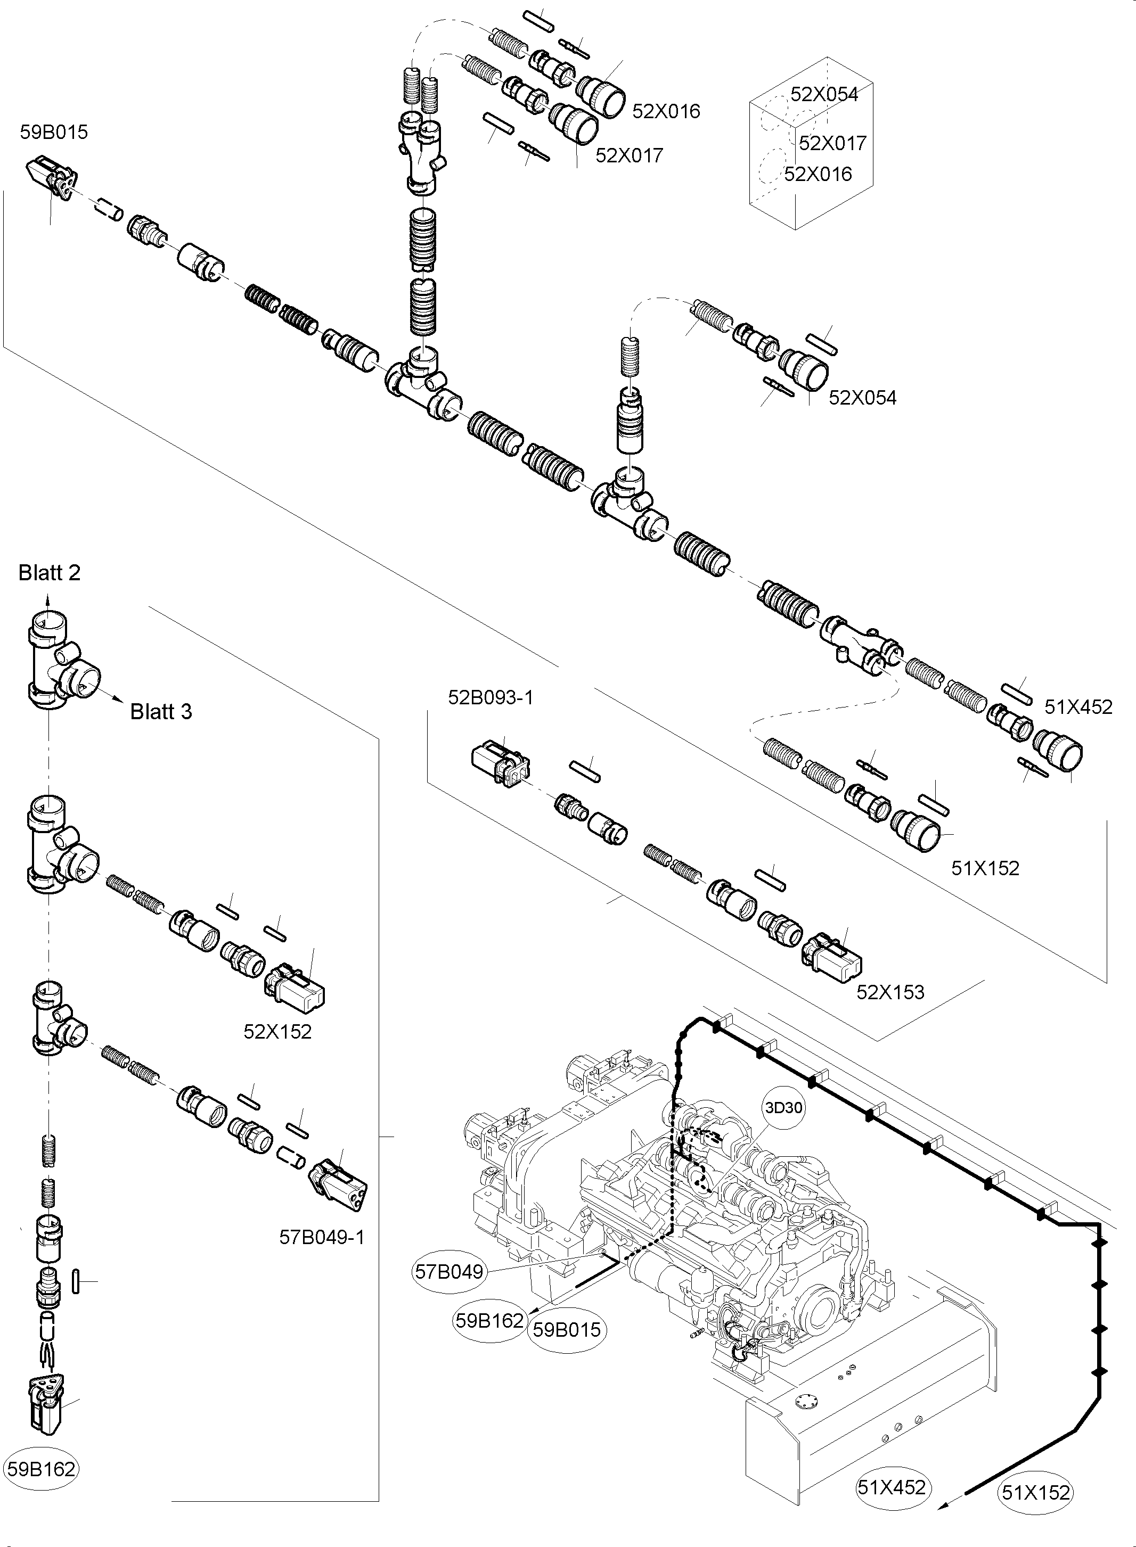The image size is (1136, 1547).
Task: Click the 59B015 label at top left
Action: tap(54, 132)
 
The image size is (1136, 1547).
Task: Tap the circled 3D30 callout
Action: tap(783, 1107)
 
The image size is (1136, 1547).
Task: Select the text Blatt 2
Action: tap(49, 572)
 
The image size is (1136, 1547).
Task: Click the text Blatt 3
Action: tap(161, 711)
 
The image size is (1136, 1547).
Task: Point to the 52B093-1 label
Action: tap(491, 697)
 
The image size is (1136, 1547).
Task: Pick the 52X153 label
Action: tap(890, 992)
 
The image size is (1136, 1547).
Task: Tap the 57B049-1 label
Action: tap(322, 1237)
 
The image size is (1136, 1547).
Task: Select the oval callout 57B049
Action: tap(448, 1271)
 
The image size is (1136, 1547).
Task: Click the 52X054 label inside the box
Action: tap(824, 95)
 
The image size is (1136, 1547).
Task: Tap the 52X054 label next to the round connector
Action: tap(862, 398)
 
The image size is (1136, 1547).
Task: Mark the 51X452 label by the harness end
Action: tap(1077, 706)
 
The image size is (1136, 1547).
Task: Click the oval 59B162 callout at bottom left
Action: tap(41, 1469)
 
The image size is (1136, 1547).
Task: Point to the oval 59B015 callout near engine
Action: tap(567, 1330)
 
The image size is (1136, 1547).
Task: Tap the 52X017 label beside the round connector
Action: tap(628, 155)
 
